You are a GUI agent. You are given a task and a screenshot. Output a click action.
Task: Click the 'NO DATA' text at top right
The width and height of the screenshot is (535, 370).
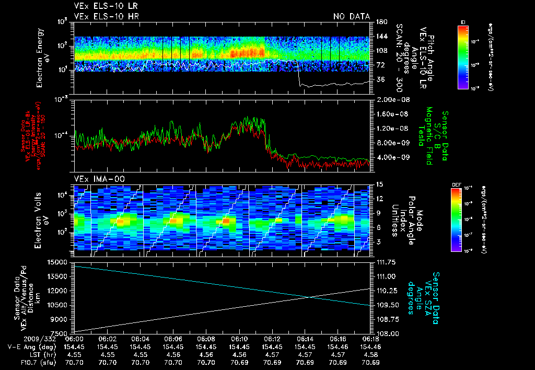351,17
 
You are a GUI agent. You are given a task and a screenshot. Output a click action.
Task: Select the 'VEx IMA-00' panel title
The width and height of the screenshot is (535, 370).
95,179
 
